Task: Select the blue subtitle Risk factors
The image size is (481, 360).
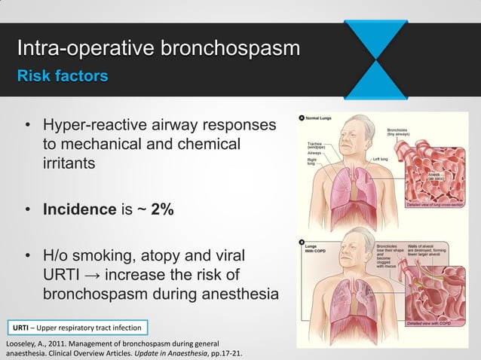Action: click(63, 77)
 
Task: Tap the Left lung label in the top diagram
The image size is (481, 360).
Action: click(380, 159)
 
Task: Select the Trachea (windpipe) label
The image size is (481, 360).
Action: click(316, 145)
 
